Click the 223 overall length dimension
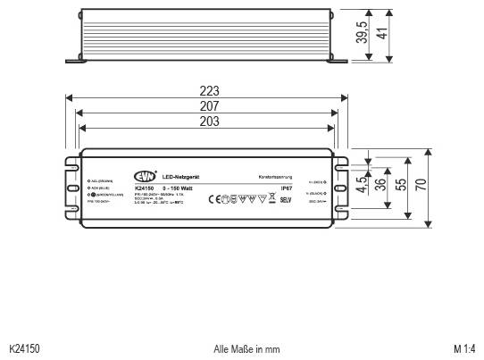210,91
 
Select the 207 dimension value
210,106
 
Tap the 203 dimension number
210,121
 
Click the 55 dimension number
402,186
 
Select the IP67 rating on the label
286,189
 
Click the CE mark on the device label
214,199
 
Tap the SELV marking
287,199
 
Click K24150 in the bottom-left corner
24,348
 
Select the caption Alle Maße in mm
247,348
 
